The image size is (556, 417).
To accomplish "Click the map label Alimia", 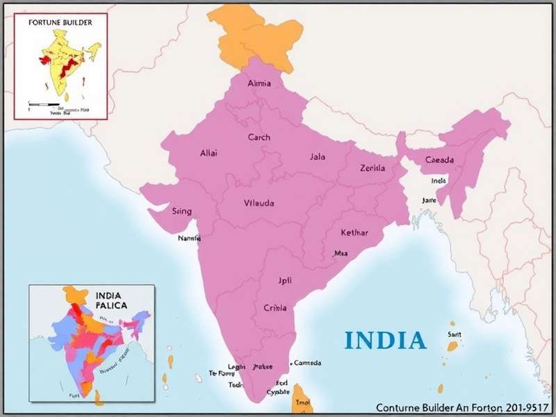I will point(259,83).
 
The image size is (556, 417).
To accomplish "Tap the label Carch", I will point(259,137).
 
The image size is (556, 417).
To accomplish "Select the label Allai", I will point(208,152).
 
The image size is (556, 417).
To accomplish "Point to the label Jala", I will point(317,157).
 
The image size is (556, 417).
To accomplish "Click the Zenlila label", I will point(373,168).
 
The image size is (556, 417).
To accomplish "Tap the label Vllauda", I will point(259,204).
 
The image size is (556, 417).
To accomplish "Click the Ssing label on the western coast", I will point(181,211).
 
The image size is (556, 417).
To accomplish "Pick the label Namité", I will point(189,238).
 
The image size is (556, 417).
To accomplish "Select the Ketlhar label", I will point(354,232).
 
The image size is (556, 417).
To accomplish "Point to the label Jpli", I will point(284,281).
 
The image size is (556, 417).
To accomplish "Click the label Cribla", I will point(276,308).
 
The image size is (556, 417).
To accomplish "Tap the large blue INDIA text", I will point(385,341).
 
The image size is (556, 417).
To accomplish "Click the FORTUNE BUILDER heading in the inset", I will point(60,22).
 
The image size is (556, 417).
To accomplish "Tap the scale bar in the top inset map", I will point(43,104).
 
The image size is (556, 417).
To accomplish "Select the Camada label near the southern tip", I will point(307,363).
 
